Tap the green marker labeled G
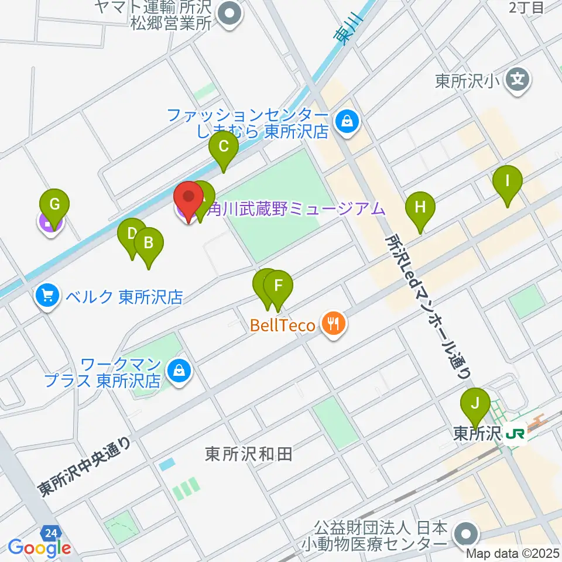[54, 205]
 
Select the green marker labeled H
[420, 207]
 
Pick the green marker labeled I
[507, 181]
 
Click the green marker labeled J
[475, 404]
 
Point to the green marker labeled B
[149, 242]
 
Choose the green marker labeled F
[278, 287]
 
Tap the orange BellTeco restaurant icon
[334, 324]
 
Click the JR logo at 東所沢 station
[516, 434]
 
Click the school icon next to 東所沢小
[519, 81]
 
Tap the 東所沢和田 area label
[249, 454]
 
